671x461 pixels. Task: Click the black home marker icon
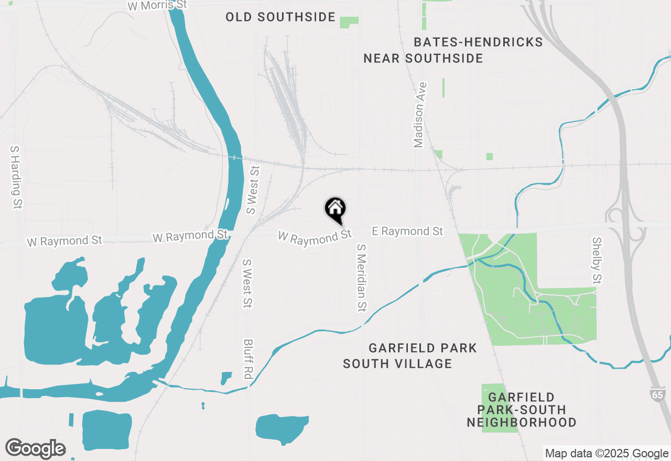335,210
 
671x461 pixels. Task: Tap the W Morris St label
157,5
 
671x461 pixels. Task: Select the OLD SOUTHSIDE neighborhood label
280,17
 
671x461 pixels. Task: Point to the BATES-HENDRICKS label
478,42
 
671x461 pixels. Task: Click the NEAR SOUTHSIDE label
423,58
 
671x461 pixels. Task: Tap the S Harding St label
16,178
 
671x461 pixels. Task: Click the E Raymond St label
407,231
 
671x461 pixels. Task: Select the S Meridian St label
361,277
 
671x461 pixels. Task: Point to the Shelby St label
597,261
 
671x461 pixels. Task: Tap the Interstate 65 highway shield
657,394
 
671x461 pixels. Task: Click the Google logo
35,449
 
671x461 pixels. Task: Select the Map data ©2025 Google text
607,454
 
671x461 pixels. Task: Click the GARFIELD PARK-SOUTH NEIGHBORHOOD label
521,410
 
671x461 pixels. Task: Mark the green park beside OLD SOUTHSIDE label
349,23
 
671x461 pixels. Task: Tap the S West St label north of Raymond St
253,191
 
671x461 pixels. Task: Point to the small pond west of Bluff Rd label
226,378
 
